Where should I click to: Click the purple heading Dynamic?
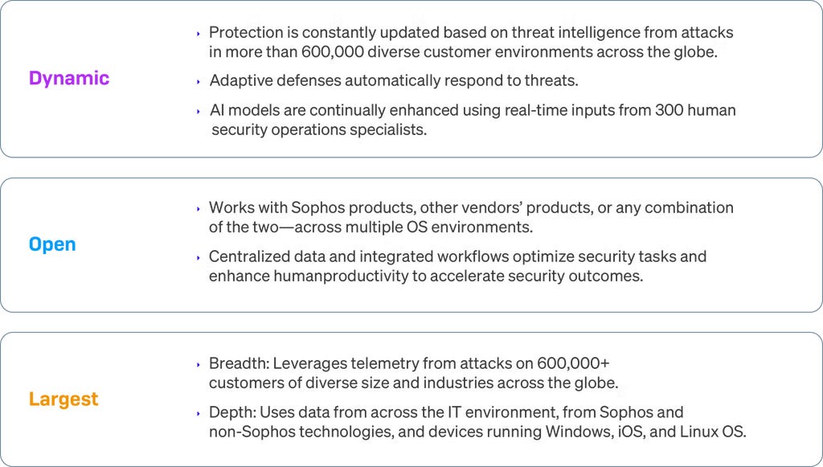coord(69,78)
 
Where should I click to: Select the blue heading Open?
coord(52,244)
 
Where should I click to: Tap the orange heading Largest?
coord(63,399)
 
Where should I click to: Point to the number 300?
coord(673,109)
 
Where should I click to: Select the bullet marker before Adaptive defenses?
coord(199,81)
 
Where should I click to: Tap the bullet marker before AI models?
coord(199,110)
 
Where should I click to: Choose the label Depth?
coord(231,412)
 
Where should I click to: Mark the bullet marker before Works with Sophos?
coord(199,208)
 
